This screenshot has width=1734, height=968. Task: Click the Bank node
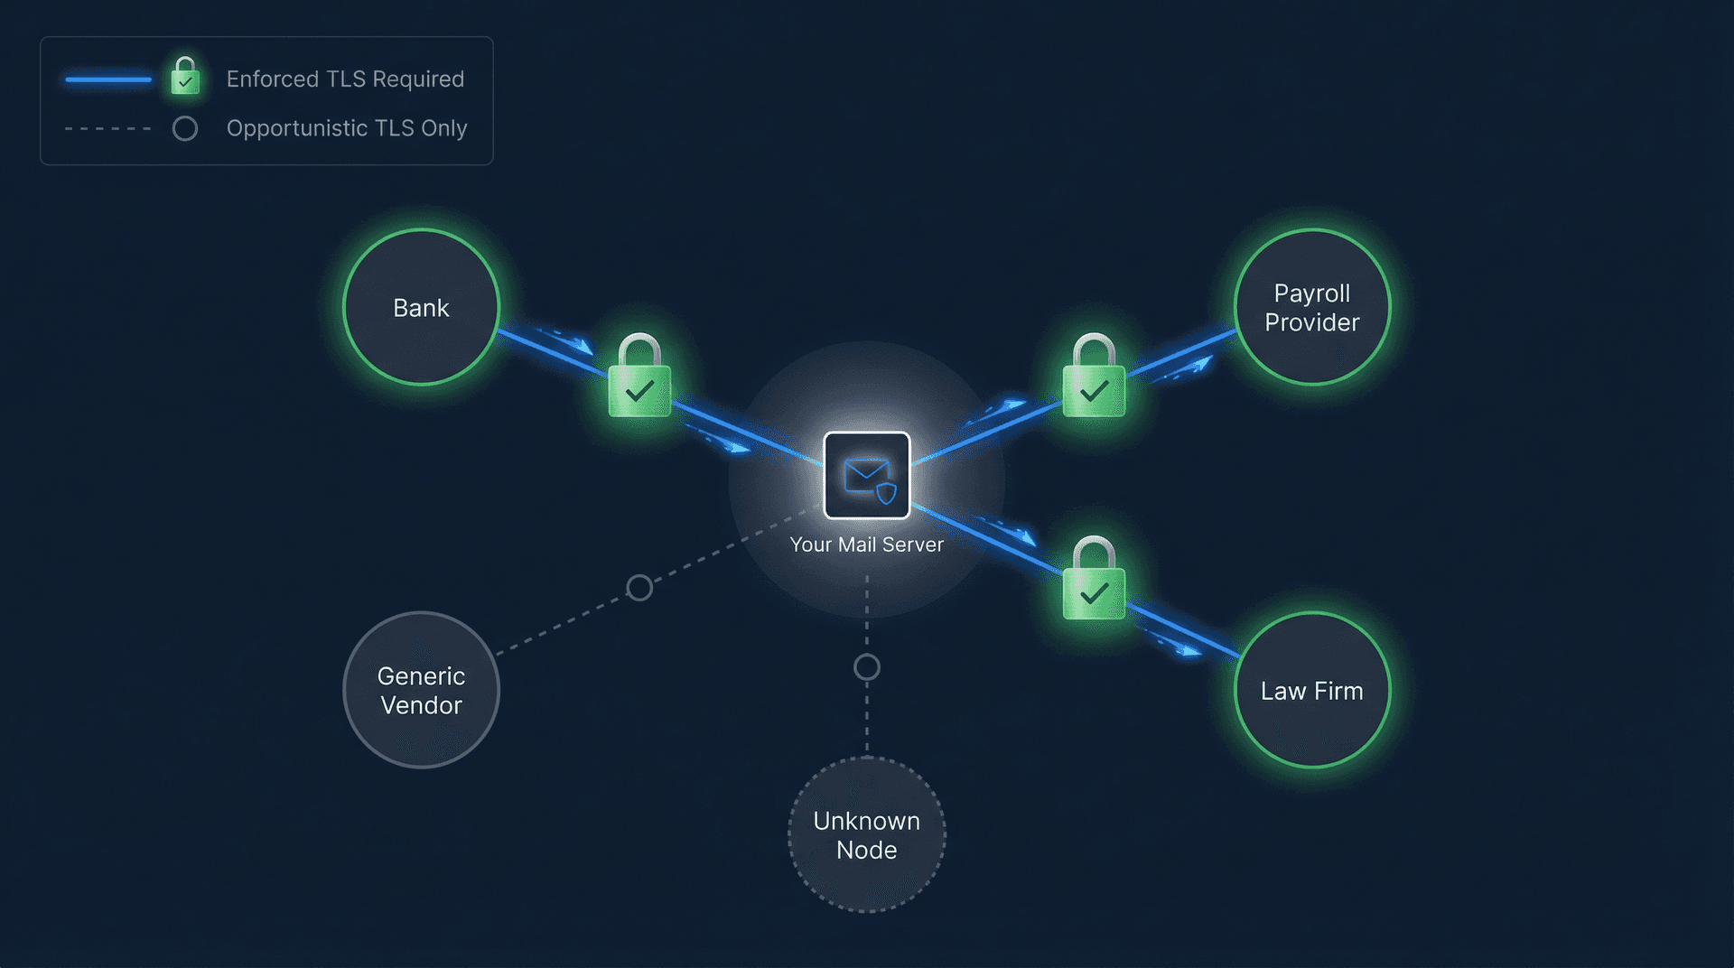pyautogui.click(x=421, y=307)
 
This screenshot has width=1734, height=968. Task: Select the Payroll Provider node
pyautogui.click(x=1311, y=307)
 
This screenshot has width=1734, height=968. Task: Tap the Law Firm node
pyautogui.click(x=1311, y=691)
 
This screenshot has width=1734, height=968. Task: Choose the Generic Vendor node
pyautogui.click(x=421, y=691)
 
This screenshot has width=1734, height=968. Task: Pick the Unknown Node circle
pyautogui.click(x=866, y=835)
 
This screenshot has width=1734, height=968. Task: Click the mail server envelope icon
pyautogui.click(x=867, y=476)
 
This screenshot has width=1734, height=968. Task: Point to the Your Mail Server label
pyautogui.click(x=866, y=544)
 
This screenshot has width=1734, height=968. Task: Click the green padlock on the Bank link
pyautogui.click(x=639, y=379)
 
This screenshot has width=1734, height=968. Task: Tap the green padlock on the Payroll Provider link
pyautogui.click(x=1094, y=379)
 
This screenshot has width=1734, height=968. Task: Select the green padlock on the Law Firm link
pyautogui.click(x=1094, y=582)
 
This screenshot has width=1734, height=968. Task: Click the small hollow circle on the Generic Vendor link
pyautogui.click(x=639, y=588)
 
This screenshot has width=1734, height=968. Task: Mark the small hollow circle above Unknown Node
pyautogui.click(x=866, y=667)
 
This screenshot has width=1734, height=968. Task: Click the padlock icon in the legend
pyautogui.click(x=185, y=77)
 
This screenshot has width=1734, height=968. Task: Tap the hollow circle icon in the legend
pyautogui.click(x=185, y=128)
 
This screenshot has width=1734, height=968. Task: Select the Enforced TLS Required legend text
pyautogui.click(x=345, y=79)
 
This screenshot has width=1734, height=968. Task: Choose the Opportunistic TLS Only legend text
pyautogui.click(x=347, y=128)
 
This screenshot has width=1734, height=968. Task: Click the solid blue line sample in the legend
pyautogui.click(x=108, y=79)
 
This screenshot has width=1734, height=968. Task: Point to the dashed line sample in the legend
pyautogui.click(x=108, y=128)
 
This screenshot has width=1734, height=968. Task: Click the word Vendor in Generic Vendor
pyautogui.click(x=421, y=705)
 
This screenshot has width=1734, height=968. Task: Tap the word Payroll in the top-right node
pyautogui.click(x=1311, y=293)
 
